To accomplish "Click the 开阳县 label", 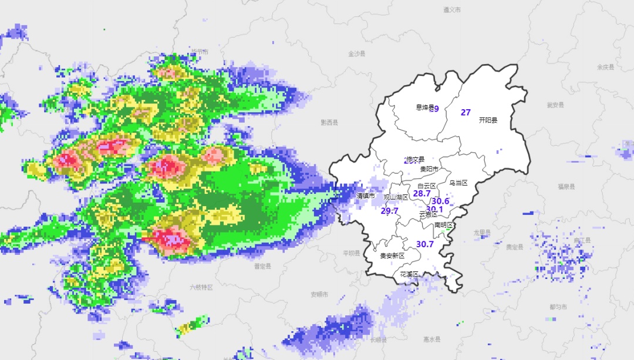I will (488, 120).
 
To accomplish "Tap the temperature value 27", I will (466, 112).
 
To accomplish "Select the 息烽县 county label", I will (425, 107).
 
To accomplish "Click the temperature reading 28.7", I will (422, 193).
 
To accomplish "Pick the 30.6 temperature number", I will (441, 201).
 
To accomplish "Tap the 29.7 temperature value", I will (390, 211).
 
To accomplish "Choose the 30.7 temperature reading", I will (425, 244).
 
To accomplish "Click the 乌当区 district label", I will (458, 183).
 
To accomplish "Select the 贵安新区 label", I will (392, 255).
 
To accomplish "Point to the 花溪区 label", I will (409, 274).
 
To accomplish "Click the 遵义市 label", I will (452, 10).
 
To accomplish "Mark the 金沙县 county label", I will (357, 53).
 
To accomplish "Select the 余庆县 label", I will (605, 68).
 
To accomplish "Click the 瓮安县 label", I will (555, 105).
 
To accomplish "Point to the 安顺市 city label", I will (319, 294).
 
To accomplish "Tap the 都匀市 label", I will (558, 307).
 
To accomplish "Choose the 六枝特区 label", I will (201, 287).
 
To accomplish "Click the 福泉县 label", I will (566, 186).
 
